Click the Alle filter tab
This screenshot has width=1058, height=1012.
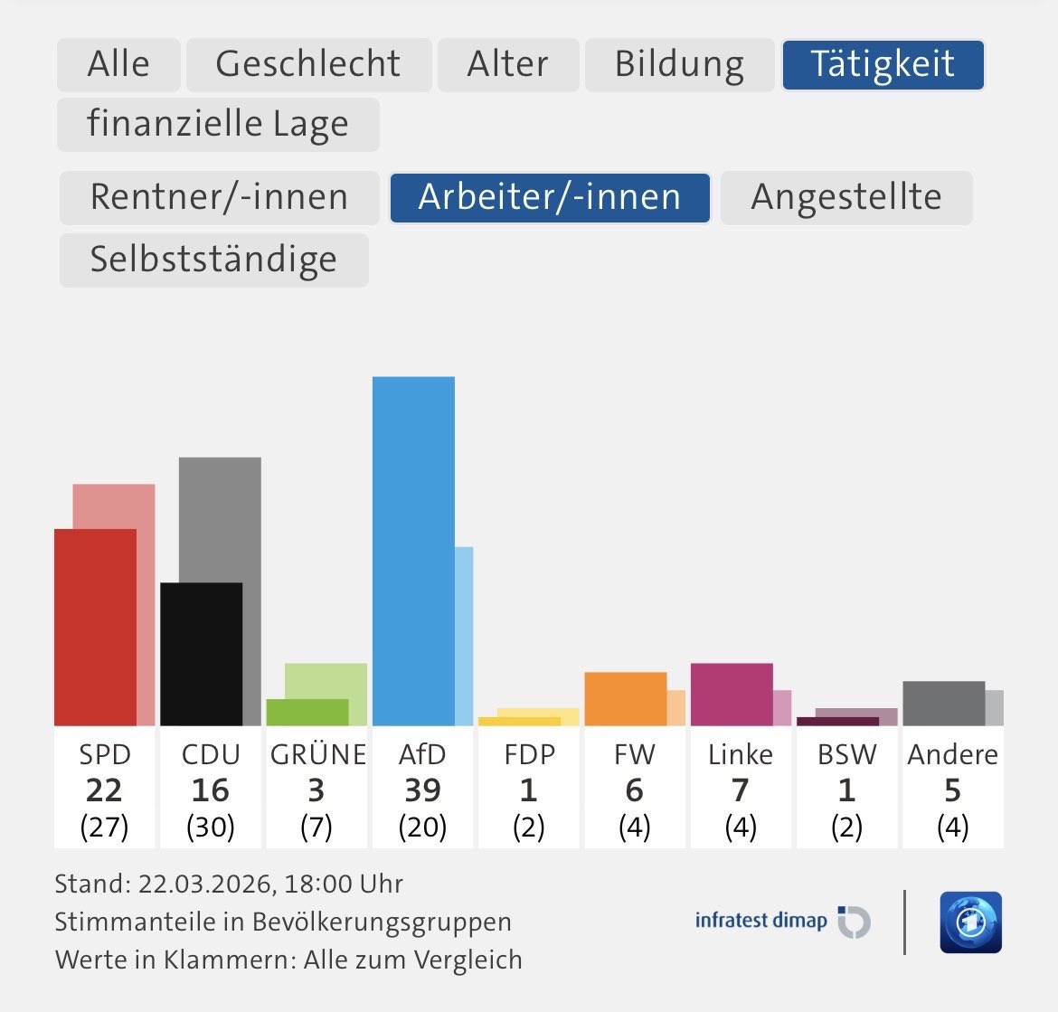(x=118, y=64)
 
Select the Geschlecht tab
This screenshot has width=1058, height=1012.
(x=308, y=64)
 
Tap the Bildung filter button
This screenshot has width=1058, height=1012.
(x=679, y=64)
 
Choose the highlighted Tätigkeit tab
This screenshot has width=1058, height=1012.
(x=883, y=64)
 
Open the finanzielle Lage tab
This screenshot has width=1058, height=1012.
(x=218, y=124)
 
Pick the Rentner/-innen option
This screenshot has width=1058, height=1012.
(x=219, y=197)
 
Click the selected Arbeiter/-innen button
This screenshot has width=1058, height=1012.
(x=550, y=197)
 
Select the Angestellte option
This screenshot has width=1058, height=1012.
(x=846, y=197)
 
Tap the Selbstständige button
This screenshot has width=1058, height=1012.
(x=213, y=260)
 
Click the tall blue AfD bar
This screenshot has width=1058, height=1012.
(x=413, y=552)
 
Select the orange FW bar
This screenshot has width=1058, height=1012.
(x=625, y=698)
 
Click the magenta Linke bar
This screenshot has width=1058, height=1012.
(x=731, y=694)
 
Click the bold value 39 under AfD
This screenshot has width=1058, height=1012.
(x=422, y=790)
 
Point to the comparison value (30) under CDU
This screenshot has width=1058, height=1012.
(x=210, y=827)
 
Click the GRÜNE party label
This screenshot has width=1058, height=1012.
(x=317, y=754)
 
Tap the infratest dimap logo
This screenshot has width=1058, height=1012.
(x=782, y=922)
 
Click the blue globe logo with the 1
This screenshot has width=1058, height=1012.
(x=970, y=922)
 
